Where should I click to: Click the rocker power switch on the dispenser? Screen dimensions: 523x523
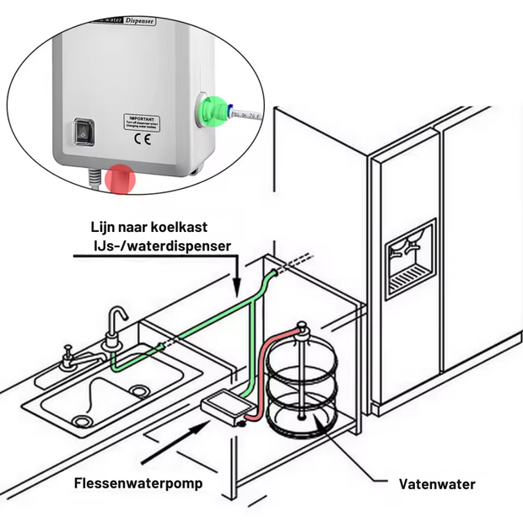(85, 132)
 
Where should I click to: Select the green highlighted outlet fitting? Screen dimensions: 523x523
(213, 111)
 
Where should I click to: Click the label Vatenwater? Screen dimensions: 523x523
(436, 484)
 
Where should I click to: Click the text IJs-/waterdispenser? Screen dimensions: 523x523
(159, 245)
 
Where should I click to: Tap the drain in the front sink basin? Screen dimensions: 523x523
(81, 419)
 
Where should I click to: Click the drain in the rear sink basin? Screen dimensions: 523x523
(137, 390)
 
